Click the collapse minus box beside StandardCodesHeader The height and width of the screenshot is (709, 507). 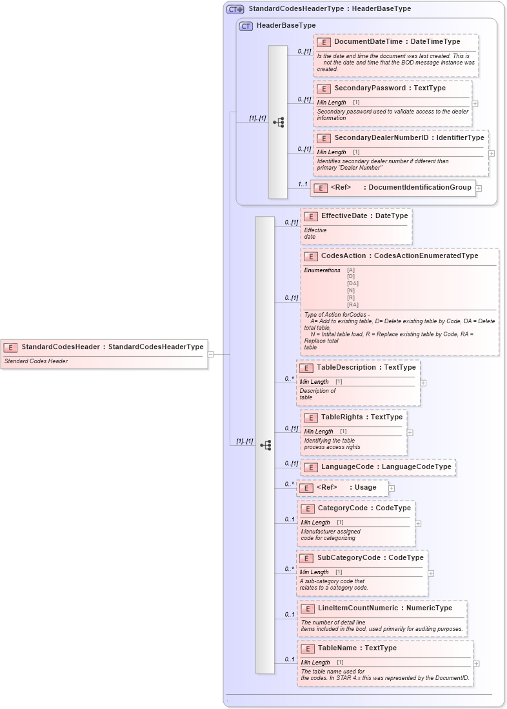[210, 354]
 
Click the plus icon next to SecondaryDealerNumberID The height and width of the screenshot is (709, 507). [492, 154]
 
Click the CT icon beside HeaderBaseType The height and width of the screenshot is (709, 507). [246, 26]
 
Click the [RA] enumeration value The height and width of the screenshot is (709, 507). [353, 305]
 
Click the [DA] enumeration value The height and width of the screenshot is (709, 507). [353, 283]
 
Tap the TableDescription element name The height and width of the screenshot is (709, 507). [346, 368]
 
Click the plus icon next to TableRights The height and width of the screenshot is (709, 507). [410, 433]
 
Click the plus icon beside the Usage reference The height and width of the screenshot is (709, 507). [392, 488]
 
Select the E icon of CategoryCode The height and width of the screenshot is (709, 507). [308, 508]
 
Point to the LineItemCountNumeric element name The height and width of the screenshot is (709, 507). [357, 608]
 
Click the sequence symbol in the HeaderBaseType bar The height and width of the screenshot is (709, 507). [278, 122]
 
